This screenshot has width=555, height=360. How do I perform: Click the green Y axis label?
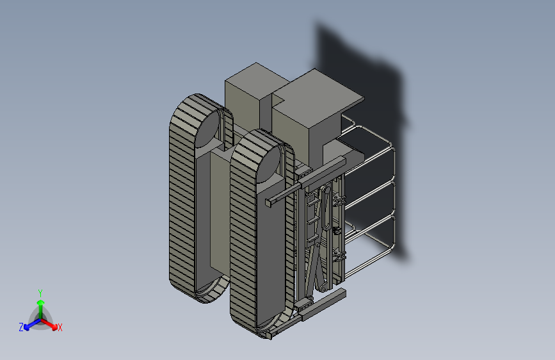[40, 293]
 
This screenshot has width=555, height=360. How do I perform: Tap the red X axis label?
[60, 327]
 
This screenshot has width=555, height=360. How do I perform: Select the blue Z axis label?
[21, 327]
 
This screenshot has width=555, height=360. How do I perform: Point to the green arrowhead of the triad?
[41, 302]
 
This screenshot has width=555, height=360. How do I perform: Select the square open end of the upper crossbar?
[269, 202]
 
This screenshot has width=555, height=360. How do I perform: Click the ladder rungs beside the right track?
[312, 220]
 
